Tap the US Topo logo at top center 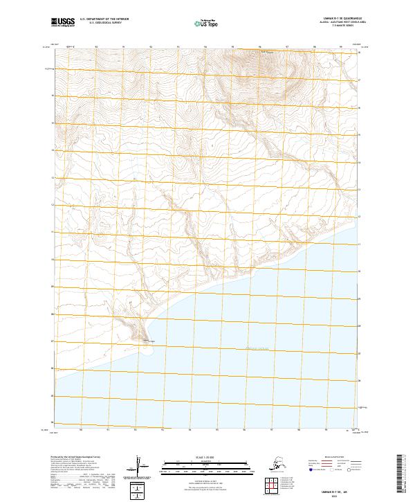[207, 23]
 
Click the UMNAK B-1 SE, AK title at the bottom [331, 489]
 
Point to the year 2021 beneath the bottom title [331, 494]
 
